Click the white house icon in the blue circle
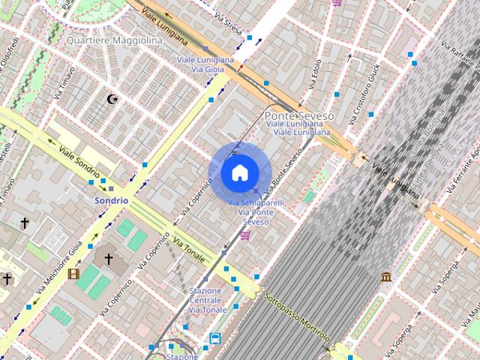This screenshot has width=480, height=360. (x=239, y=172)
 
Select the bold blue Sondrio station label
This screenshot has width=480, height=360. (x=110, y=201)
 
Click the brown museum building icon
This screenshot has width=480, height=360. (x=386, y=277)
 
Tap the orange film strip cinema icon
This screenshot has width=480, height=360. (x=73, y=274)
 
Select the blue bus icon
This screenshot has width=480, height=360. (x=215, y=338)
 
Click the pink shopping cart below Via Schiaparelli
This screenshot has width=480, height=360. (x=245, y=235)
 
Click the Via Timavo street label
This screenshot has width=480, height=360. (x=64, y=82)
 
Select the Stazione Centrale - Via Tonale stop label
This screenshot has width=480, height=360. (x=206, y=300)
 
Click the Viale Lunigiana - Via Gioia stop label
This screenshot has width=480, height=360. (x=205, y=64)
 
